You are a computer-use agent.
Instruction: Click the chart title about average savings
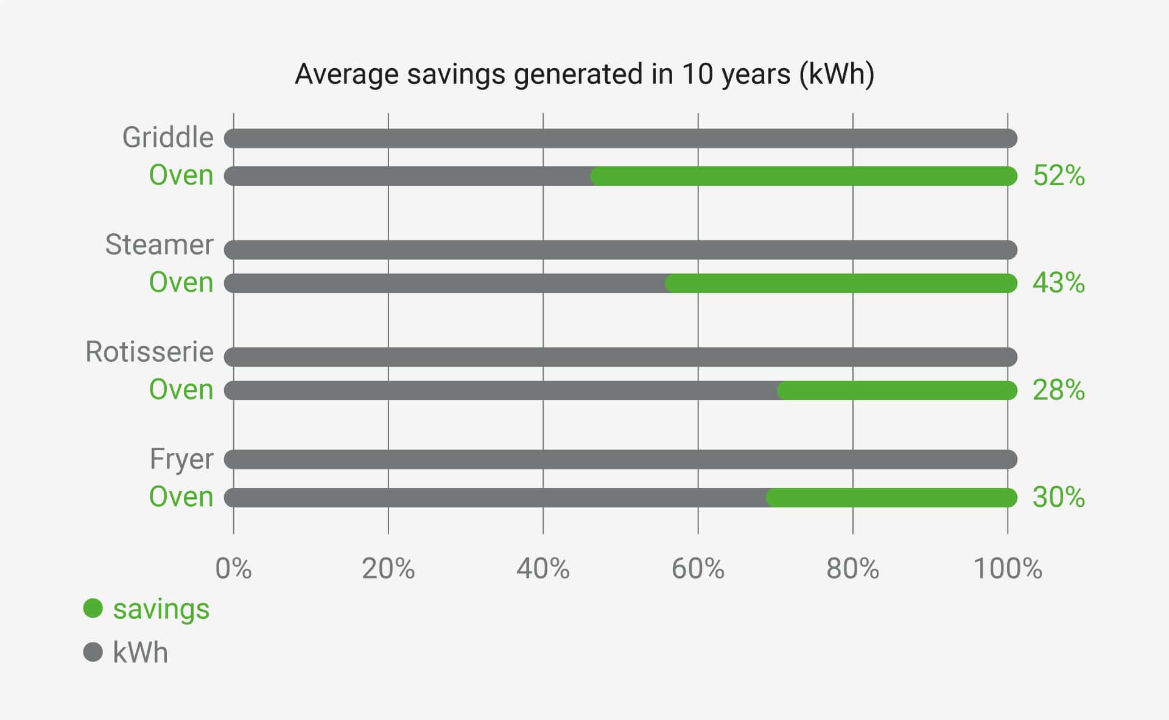point(584,74)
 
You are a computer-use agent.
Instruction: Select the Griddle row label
point(168,138)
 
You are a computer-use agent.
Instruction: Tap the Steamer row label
point(159,245)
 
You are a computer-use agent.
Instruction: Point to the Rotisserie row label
point(149,352)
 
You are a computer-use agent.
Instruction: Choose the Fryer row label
point(181,459)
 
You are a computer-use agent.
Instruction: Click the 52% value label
point(1059,176)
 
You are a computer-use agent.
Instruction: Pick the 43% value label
point(1059,283)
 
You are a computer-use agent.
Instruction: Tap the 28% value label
point(1059,390)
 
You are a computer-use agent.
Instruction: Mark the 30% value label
point(1059,498)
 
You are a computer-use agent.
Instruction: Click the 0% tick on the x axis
point(233,569)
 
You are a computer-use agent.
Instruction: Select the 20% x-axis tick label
point(388,569)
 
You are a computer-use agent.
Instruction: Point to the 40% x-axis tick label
point(543,569)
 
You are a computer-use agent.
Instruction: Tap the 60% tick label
point(698,569)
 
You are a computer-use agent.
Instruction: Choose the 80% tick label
point(852,569)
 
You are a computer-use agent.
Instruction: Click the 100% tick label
point(1008,569)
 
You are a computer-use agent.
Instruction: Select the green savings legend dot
point(93,608)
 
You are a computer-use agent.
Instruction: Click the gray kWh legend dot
point(93,652)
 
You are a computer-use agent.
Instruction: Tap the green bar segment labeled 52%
point(804,176)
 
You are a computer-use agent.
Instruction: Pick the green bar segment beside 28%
point(897,390)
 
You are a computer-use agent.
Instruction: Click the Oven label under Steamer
point(181,283)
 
